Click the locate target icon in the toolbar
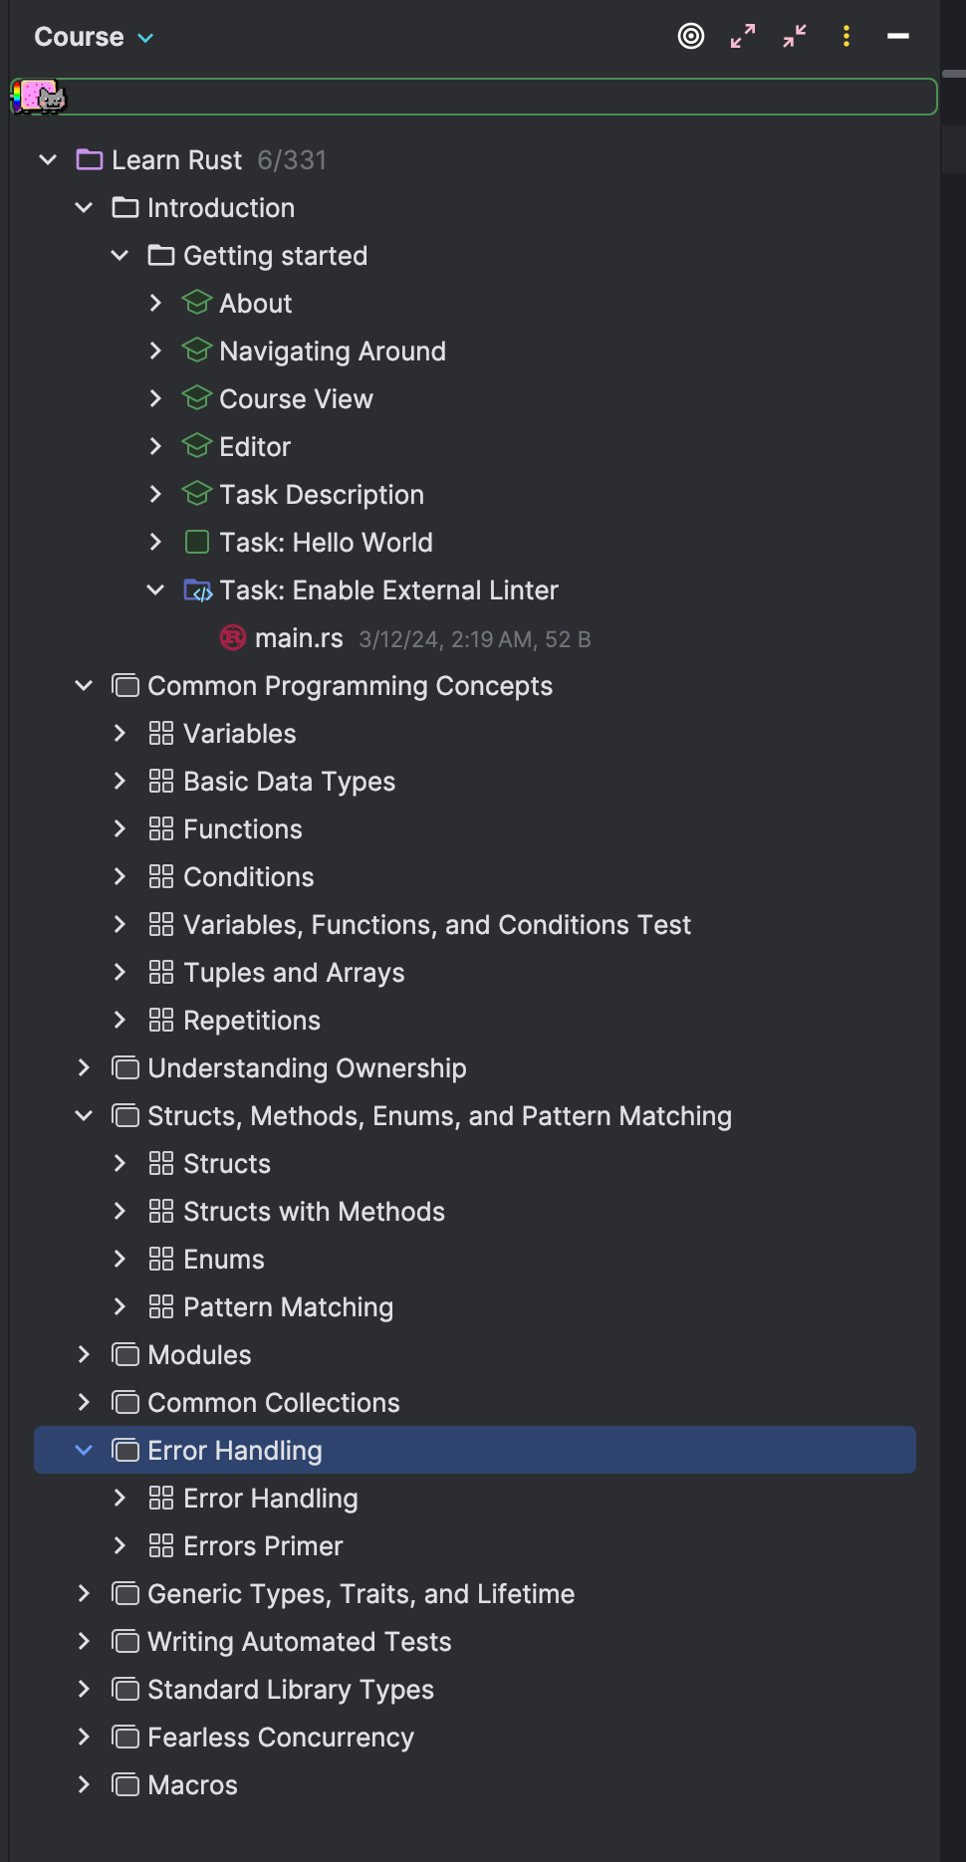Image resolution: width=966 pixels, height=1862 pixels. tap(691, 37)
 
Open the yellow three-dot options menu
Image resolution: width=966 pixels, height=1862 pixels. tap(846, 37)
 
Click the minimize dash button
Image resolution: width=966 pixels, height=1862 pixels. tap(897, 37)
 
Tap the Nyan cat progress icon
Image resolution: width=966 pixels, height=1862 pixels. tap(39, 97)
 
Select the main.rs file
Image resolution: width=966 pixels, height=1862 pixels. tap(298, 638)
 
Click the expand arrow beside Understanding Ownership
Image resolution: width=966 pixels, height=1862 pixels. tap(85, 1068)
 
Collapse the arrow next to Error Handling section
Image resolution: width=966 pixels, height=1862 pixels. tap(85, 1451)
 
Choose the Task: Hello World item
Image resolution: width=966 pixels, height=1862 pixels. tap(326, 543)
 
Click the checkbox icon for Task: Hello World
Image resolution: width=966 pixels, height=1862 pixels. tap(197, 543)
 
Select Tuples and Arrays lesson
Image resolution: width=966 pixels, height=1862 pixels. tap(294, 973)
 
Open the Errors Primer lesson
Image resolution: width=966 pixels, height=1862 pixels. tap(263, 1546)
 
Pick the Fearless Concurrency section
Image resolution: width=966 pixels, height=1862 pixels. tap(280, 1738)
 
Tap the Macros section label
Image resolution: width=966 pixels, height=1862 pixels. tap(192, 1785)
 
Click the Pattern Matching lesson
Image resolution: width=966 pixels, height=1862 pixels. tap(288, 1307)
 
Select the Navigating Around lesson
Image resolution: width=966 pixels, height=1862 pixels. tap(332, 351)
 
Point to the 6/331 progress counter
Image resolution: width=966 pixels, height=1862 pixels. tap(292, 160)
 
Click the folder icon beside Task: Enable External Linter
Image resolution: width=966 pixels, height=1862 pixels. tap(197, 590)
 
